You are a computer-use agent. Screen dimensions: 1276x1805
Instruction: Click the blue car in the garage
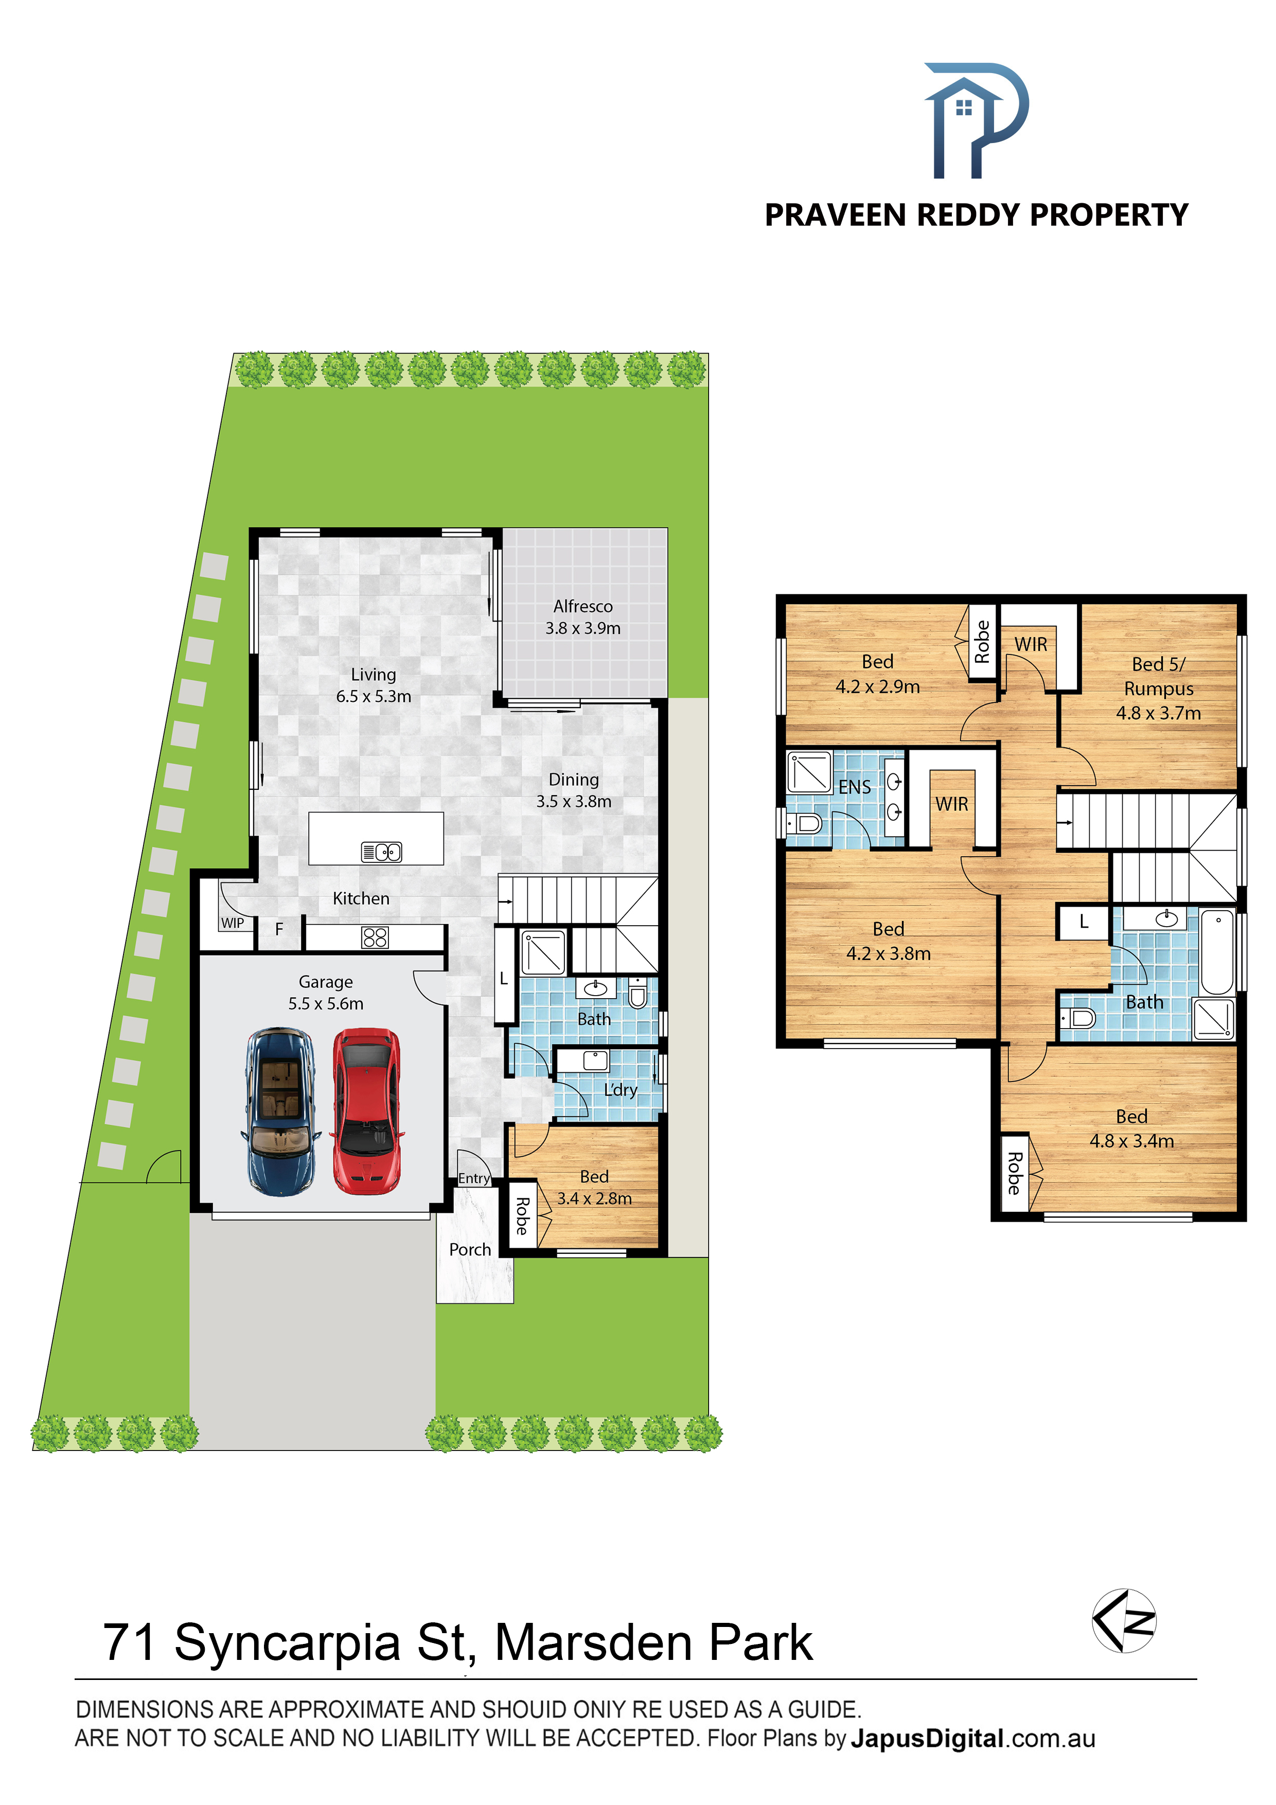pyautogui.click(x=281, y=1111)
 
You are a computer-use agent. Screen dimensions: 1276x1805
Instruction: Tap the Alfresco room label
pyautogui.click(x=582, y=606)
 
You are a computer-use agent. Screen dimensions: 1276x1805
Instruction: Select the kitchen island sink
pyautogui.click(x=381, y=852)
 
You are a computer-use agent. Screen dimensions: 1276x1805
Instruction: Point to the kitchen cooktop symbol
pyautogui.click(x=375, y=937)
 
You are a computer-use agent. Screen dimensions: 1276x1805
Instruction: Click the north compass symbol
pyautogui.click(x=1124, y=1620)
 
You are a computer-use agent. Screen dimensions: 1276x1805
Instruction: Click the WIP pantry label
pyautogui.click(x=233, y=923)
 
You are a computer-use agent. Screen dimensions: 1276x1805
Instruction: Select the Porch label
pyautogui.click(x=470, y=1249)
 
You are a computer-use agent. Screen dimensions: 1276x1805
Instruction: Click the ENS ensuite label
pyautogui.click(x=855, y=787)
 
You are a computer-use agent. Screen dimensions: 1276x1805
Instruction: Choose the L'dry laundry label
pyautogui.click(x=621, y=1090)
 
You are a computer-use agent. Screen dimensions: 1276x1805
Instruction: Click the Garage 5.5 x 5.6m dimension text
pyautogui.click(x=326, y=1004)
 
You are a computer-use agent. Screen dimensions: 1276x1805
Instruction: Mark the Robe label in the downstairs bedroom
pyautogui.click(x=521, y=1216)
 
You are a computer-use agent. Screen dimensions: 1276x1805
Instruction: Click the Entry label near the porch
pyautogui.click(x=474, y=1178)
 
